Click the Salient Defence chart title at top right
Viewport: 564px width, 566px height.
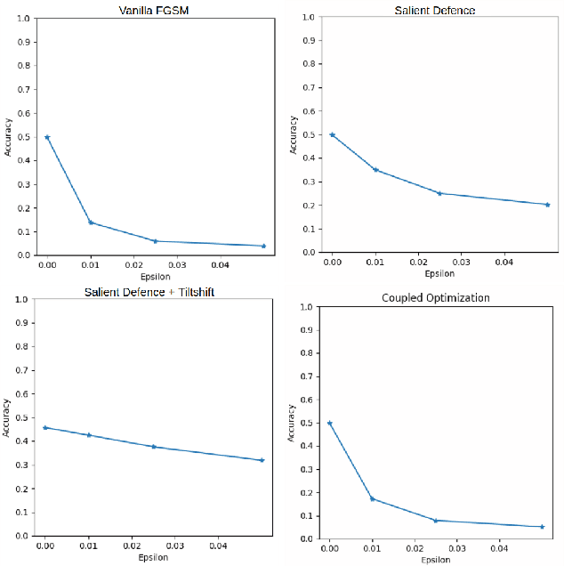pos(435,11)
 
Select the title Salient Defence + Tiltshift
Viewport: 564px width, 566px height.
pos(149,292)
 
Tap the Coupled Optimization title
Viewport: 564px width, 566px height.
pos(435,297)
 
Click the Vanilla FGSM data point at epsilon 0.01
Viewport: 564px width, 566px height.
pos(91,222)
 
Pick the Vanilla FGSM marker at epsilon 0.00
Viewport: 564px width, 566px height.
pos(47,137)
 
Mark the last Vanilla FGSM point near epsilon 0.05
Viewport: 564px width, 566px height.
pos(263,246)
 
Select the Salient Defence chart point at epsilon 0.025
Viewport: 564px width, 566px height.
pos(439,193)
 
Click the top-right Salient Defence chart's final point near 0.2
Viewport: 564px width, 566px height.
pos(547,205)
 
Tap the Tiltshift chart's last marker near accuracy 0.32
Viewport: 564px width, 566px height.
pos(262,460)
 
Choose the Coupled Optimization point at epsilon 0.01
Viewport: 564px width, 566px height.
pos(373,498)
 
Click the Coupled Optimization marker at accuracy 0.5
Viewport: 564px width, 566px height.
pos(330,423)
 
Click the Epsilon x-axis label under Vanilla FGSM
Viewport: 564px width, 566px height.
pos(154,276)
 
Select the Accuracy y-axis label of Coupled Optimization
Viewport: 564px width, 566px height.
pos(292,423)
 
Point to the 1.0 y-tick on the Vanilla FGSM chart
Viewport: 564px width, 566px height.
pos(28,19)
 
